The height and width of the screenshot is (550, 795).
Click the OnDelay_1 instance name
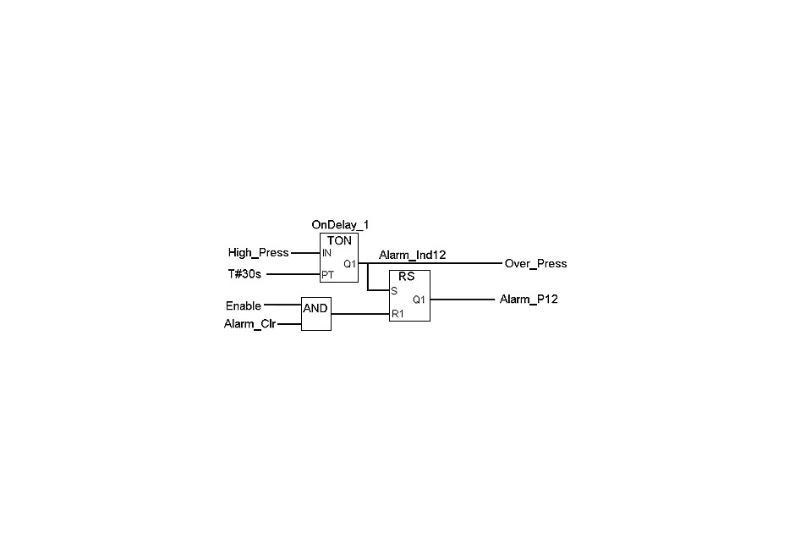pyautogui.click(x=340, y=225)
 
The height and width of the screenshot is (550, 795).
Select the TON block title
pyautogui.click(x=339, y=240)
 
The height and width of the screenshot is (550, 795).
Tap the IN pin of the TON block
pyautogui.click(x=326, y=253)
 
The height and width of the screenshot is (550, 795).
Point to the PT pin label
pyautogui.click(x=327, y=274)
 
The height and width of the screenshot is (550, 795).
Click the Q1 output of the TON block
pyautogui.click(x=349, y=264)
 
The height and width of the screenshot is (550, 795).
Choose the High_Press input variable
pyautogui.click(x=258, y=253)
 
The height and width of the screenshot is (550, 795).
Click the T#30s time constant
pyautogui.click(x=244, y=274)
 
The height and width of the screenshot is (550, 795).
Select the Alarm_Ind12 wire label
pyautogui.click(x=412, y=255)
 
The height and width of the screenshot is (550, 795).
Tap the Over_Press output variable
pyautogui.click(x=535, y=263)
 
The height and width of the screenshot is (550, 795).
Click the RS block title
pyautogui.click(x=407, y=277)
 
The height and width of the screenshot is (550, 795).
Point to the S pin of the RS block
pyautogui.click(x=394, y=291)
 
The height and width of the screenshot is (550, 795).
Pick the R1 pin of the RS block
pyautogui.click(x=397, y=314)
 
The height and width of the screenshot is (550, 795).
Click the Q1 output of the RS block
pyautogui.click(x=419, y=300)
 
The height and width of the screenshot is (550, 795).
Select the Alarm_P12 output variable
pyautogui.click(x=529, y=300)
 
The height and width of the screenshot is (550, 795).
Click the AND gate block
pyautogui.click(x=315, y=314)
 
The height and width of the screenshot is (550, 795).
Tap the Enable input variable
pyautogui.click(x=244, y=306)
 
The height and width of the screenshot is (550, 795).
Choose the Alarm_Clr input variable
pyautogui.click(x=249, y=324)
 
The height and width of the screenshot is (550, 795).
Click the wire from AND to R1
pyautogui.click(x=360, y=314)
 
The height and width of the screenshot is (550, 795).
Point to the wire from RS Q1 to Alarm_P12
pyautogui.click(x=463, y=300)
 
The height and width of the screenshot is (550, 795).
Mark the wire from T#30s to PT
pyautogui.click(x=293, y=274)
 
